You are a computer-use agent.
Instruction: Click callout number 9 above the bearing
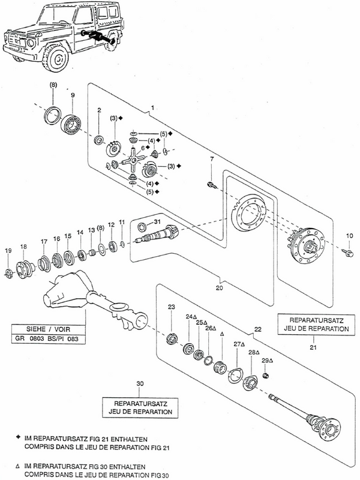click(73, 95)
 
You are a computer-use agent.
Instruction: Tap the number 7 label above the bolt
click(212, 159)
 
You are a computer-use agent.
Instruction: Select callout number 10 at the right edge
click(349, 236)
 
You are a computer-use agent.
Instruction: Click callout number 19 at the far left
click(8, 251)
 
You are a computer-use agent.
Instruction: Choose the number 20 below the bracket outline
click(220, 288)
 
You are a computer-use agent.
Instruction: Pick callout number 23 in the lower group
click(172, 307)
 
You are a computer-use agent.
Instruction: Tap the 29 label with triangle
click(267, 361)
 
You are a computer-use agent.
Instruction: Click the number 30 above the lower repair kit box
click(140, 383)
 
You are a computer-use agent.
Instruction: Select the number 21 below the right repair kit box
click(313, 347)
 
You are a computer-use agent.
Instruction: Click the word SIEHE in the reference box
click(36, 329)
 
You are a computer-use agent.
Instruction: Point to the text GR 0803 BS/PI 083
click(46, 338)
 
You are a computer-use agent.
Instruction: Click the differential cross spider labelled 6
click(133, 160)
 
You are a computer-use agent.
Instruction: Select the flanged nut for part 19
click(9, 272)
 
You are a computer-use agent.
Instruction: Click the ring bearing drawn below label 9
click(71, 125)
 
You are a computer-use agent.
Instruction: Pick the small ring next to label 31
click(142, 227)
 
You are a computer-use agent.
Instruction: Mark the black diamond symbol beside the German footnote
click(18, 439)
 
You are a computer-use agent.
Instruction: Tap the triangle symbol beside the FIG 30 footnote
click(18, 467)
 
